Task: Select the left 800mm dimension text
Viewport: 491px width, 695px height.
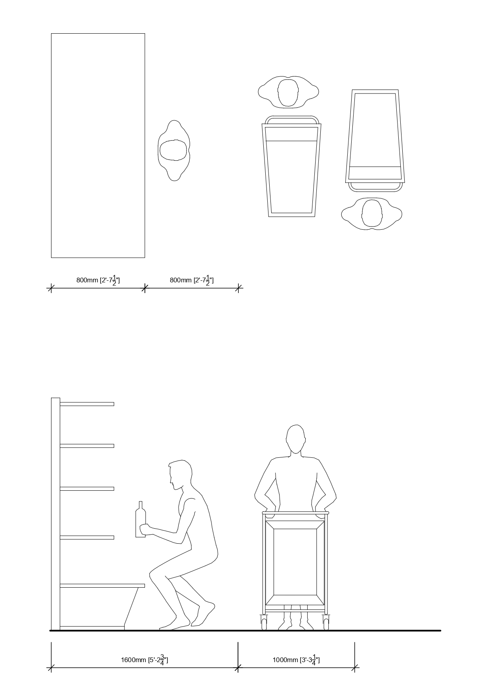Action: coord(98,280)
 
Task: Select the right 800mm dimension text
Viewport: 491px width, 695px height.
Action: coord(192,280)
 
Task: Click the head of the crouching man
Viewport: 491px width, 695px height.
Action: coord(180,474)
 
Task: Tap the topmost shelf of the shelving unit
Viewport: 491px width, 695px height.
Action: coord(87,404)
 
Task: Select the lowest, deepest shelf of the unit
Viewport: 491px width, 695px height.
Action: coord(102,585)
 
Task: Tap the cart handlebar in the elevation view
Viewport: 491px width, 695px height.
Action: coord(295,513)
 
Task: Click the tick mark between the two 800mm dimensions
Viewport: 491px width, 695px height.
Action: coord(145,288)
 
